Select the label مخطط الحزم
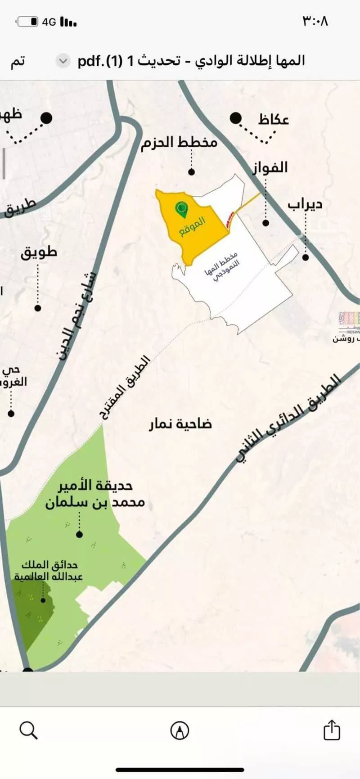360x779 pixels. (x=179, y=143)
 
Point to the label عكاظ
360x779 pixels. (x=273, y=120)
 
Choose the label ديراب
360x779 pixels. (x=305, y=204)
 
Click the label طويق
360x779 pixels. (x=39, y=252)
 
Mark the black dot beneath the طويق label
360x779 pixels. (x=38, y=308)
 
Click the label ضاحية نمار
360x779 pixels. (x=180, y=424)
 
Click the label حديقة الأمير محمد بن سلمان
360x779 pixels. (x=95, y=494)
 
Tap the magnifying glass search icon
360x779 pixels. (x=29, y=730)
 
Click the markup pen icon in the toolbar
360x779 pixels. (x=180, y=730)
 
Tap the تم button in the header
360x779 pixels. (x=18, y=61)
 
